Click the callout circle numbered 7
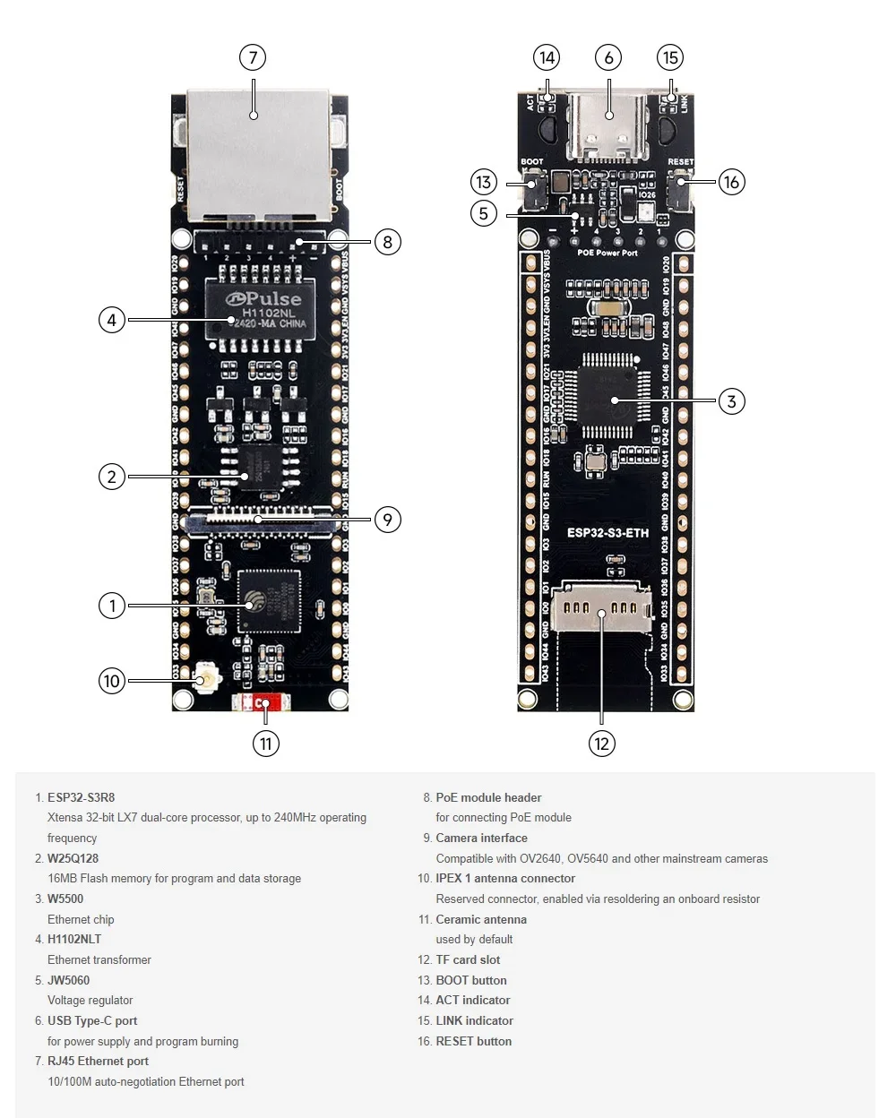pyautogui.click(x=253, y=58)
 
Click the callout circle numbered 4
pyautogui.click(x=112, y=320)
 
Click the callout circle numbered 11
pyautogui.click(x=265, y=744)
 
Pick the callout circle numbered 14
pyautogui.click(x=547, y=58)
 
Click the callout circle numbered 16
pyautogui.click(x=731, y=182)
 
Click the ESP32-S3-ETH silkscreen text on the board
pyautogui.click(x=607, y=533)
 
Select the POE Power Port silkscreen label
pyautogui.click(x=607, y=253)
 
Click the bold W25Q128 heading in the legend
pyautogui.click(x=73, y=858)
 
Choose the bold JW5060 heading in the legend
pyautogui.click(x=68, y=980)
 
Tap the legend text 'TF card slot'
pyautogui.click(x=468, y=959)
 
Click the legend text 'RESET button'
pyautogui.click(x=473, y=1041)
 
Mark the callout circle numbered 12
pyautogui.click(x=601, y=744)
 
